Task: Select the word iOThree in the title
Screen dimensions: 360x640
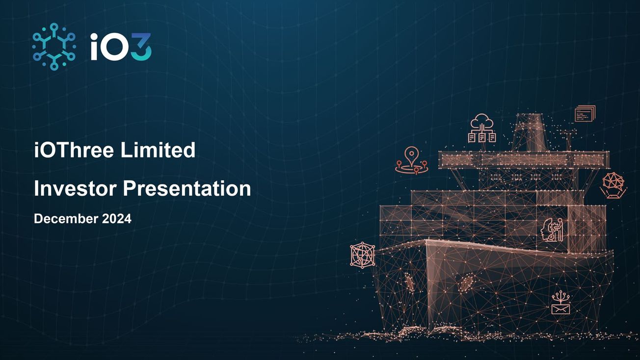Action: coord(74,150)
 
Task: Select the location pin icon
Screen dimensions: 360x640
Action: coord(411,160)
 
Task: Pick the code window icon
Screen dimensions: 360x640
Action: coord(585,114)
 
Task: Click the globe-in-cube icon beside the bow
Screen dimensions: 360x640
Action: coord(363,255)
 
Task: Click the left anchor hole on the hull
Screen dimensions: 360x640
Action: coord(409,282)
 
